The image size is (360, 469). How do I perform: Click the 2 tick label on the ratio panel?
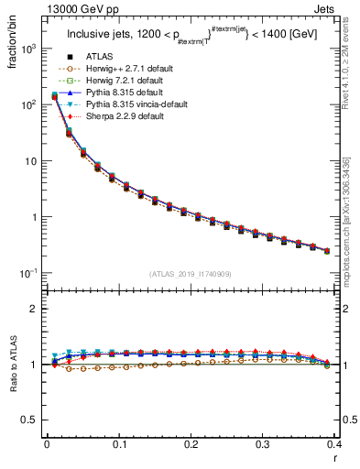click(x=35, y=309)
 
